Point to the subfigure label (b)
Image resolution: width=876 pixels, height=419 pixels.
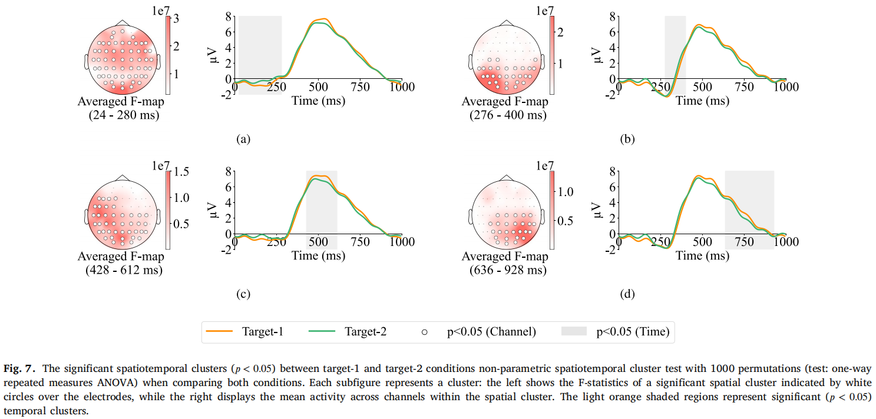627,139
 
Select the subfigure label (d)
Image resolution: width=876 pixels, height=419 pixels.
627,294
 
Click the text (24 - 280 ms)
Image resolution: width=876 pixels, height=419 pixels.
121,115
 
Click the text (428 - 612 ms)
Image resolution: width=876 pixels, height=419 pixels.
121,270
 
